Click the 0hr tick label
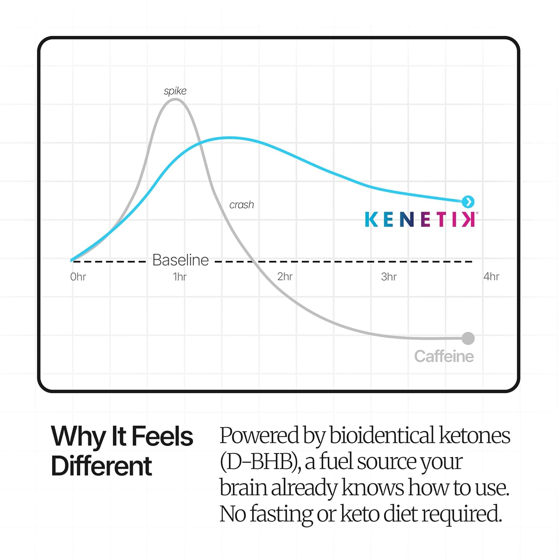coord(78,277)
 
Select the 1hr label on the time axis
coord(180,277)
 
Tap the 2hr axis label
coord(285,276)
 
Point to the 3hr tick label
coord(389,277)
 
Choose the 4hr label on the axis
coord(491,276)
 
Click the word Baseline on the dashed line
coord(180,260)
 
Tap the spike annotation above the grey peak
coord(175,91)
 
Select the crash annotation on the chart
coord(242,205)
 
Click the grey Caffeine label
coord(444,356)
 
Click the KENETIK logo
coord(420,219)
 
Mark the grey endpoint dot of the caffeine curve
coord(468,339)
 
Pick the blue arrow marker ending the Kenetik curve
coord(468,202)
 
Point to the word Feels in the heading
coord(163,436)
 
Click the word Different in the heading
coord(102,466)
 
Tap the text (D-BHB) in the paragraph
coord(260,462)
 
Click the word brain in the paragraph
coord(243,488)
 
